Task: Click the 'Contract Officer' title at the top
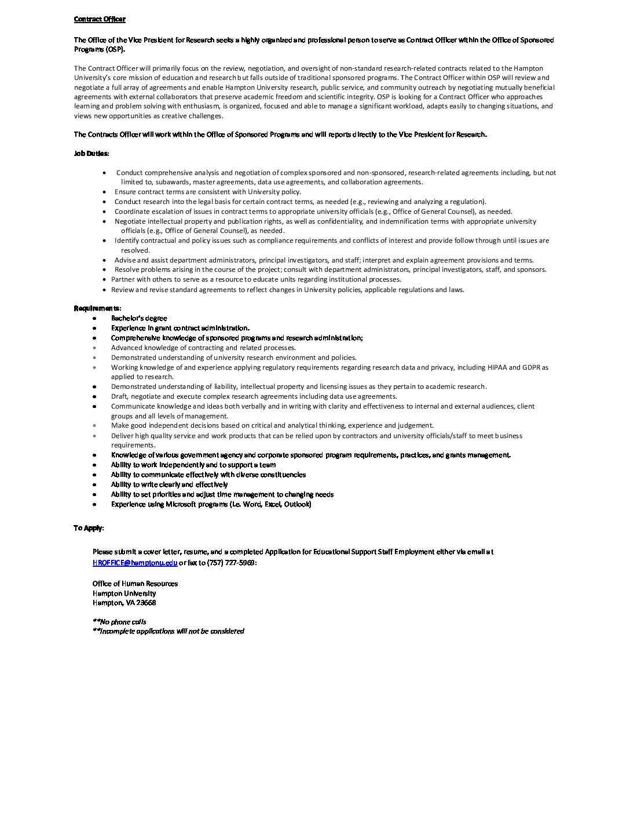[x=100, y=19]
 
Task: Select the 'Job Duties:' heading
[x=91, y=154]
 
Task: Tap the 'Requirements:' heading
[x=97, y=308]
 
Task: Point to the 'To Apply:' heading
[x=88, y=528]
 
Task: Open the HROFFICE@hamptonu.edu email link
[x=135, y=562]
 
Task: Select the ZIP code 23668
[x=146, y=603]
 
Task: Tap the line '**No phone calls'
[x=119, y=622]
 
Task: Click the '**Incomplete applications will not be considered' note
[x=168, y=631]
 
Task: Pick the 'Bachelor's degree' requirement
[x=139, y=318]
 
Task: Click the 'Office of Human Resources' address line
[x=135, y=584]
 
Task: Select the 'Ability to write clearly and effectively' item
[x=169, y=485]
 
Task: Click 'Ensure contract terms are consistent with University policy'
[x=207, y=192]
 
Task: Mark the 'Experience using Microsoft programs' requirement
[x=211, y=504]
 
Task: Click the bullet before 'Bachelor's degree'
[x=94, y=318]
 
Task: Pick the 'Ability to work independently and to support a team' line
[x=193, y=465]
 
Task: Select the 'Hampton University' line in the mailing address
[x=124, y=593]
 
